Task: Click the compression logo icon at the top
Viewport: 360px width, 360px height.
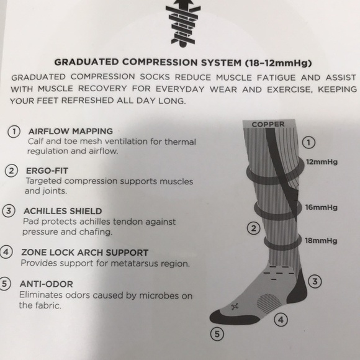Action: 183,24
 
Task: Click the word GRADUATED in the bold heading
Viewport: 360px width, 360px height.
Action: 86,62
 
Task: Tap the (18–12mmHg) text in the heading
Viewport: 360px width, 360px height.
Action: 279,63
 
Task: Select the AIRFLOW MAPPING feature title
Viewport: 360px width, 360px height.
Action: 71,131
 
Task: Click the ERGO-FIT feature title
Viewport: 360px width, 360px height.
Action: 47,171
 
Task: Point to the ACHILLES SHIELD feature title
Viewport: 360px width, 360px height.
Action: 63,211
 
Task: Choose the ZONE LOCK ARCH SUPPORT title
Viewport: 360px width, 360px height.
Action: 84,253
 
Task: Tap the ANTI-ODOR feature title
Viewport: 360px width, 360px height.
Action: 47,284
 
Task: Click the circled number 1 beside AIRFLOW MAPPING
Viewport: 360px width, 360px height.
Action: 14,132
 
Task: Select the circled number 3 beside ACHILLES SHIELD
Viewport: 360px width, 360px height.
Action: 9,211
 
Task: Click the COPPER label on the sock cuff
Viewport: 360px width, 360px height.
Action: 268,124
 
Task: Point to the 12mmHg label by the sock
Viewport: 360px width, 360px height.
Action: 322,162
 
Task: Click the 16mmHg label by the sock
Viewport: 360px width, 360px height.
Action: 321,207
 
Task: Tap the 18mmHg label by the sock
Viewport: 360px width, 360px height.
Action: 321,241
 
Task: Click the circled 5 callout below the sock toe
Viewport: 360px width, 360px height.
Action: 217,334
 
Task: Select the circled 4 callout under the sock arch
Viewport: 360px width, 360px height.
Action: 281,320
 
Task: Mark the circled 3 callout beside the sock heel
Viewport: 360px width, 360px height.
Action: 315,281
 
